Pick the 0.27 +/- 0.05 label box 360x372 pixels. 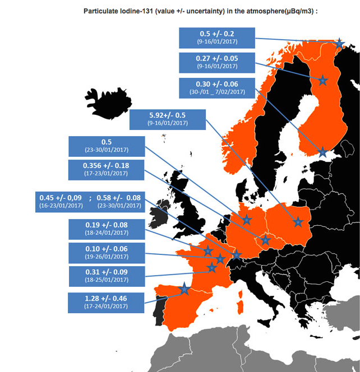216,62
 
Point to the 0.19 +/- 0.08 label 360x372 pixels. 105,229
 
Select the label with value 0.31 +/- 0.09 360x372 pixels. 105,276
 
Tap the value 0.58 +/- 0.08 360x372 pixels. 118,197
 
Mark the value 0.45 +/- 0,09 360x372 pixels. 60,197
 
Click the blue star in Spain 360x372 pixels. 184,289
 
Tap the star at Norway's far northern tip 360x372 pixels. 339,43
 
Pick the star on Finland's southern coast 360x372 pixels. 322,151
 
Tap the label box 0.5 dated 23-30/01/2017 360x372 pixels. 105,146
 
